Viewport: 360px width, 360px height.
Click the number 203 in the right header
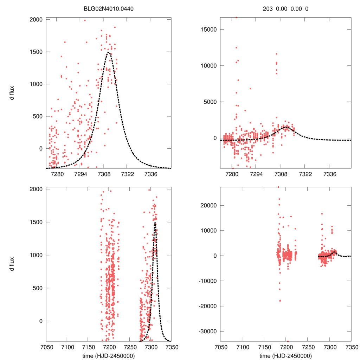[x=268, y=8]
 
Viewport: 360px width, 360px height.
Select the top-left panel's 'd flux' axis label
[x=12, y=93]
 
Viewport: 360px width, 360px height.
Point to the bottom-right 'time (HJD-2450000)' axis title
[x=285, y=356]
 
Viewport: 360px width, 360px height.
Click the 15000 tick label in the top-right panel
[x=208, y=30]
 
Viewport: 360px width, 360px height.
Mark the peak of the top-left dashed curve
[x=109, y=52]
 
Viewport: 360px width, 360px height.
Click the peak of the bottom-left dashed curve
[x=155, y=222]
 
